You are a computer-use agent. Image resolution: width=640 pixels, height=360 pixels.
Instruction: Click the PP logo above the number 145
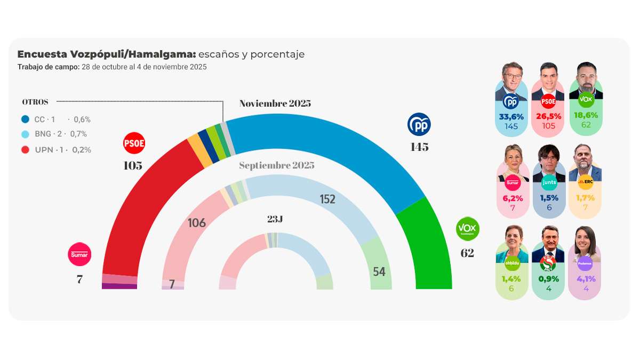tap(419, 124)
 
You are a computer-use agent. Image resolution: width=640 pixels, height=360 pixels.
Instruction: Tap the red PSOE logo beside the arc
tap(134, 143)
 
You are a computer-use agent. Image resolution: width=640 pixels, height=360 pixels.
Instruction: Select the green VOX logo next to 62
tap(468, 229)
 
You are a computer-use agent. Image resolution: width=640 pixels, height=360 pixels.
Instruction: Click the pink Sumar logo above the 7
tap(80, 254)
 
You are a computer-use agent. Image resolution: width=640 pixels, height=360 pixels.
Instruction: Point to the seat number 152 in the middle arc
tap(327, 199)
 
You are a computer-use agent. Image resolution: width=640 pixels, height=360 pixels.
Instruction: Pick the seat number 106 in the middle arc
tap(197, 223)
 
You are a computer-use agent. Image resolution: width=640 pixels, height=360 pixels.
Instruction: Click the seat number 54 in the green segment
tap(379, 271)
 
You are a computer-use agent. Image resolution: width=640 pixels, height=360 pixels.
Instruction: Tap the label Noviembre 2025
tap(275, 103)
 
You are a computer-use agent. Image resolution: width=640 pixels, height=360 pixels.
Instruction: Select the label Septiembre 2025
tap(276, 165)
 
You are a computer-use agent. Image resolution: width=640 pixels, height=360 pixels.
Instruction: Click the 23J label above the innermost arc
tap(276, 219)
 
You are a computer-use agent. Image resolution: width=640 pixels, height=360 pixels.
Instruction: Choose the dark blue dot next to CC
tap(25, 119)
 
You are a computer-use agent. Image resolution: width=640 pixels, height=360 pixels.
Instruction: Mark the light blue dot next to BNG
tap(25, 134)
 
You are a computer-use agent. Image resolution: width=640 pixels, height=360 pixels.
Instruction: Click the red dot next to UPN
tap(25, 150)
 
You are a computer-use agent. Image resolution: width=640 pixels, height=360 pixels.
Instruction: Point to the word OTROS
tap(35, 102)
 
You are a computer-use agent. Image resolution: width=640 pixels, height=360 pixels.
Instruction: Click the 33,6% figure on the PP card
tap(511, 116)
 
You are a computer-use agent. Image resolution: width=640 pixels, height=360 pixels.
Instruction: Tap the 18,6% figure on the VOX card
tap(586, 115)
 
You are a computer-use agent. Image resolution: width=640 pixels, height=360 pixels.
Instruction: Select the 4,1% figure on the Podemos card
tap(586, 278)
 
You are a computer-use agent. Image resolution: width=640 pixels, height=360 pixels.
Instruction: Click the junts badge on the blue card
tap(548, 182)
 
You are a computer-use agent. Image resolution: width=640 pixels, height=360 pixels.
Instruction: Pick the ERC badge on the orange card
tap(585, 182)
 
